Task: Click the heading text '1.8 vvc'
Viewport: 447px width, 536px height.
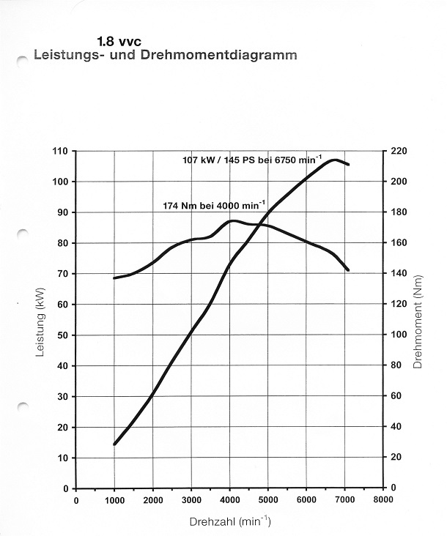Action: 119,43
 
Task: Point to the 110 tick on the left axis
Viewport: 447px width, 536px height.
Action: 59,151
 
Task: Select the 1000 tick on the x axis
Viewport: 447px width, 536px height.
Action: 114,500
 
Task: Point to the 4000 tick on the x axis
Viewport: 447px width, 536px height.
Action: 229,500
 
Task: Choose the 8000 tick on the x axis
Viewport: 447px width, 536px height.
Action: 383,500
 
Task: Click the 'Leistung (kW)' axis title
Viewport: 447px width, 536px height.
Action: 40,320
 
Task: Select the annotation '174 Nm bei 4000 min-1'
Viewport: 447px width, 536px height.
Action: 214,206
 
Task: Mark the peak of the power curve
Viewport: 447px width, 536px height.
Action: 335,160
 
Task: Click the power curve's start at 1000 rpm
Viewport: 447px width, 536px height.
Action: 114,444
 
